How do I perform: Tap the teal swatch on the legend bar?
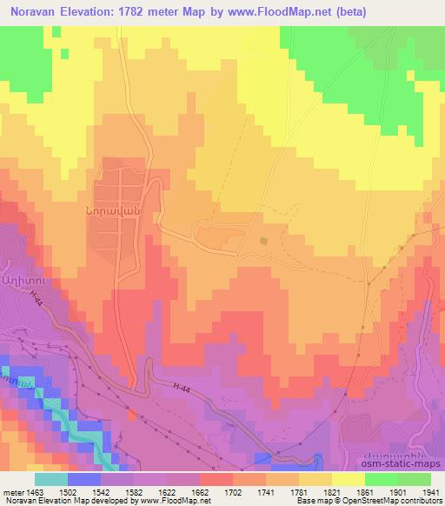coord(51,479)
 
